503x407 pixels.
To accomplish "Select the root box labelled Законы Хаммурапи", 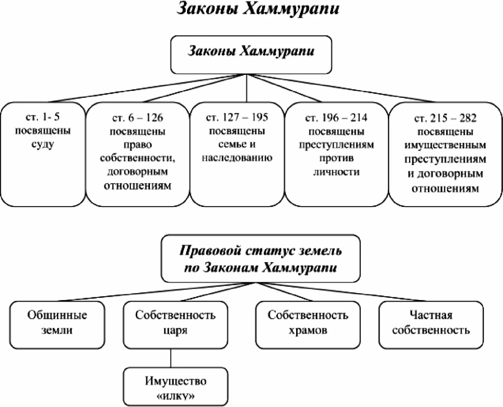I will coord(251,54).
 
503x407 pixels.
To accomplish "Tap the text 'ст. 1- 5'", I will coord(43,117).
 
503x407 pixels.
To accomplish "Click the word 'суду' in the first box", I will coord(43,144).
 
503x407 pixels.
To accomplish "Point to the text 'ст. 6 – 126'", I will coord(138,118).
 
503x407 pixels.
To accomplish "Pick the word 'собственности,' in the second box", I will coord(138,158).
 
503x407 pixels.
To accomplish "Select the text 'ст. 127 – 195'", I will coord(237,117).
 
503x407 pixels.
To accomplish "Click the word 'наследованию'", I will coord(237,158).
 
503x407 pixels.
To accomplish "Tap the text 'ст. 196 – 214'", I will coord(336,118).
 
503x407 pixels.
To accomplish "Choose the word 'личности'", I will coord(336,172).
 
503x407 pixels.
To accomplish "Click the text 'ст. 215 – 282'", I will coord(445,118).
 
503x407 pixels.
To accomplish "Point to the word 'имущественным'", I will coord(445,145).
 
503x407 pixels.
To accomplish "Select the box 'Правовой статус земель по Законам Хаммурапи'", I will coord(260,259).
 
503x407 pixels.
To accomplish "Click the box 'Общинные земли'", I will coord(57,325).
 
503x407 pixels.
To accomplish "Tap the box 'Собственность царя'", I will coord(175,325).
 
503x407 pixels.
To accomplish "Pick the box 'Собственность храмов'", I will coord(308,325).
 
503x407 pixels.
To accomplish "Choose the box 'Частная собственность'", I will coord(431,325).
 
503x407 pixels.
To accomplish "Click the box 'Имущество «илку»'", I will coord(175,386).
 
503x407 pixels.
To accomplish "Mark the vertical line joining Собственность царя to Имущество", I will coord(171,358).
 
